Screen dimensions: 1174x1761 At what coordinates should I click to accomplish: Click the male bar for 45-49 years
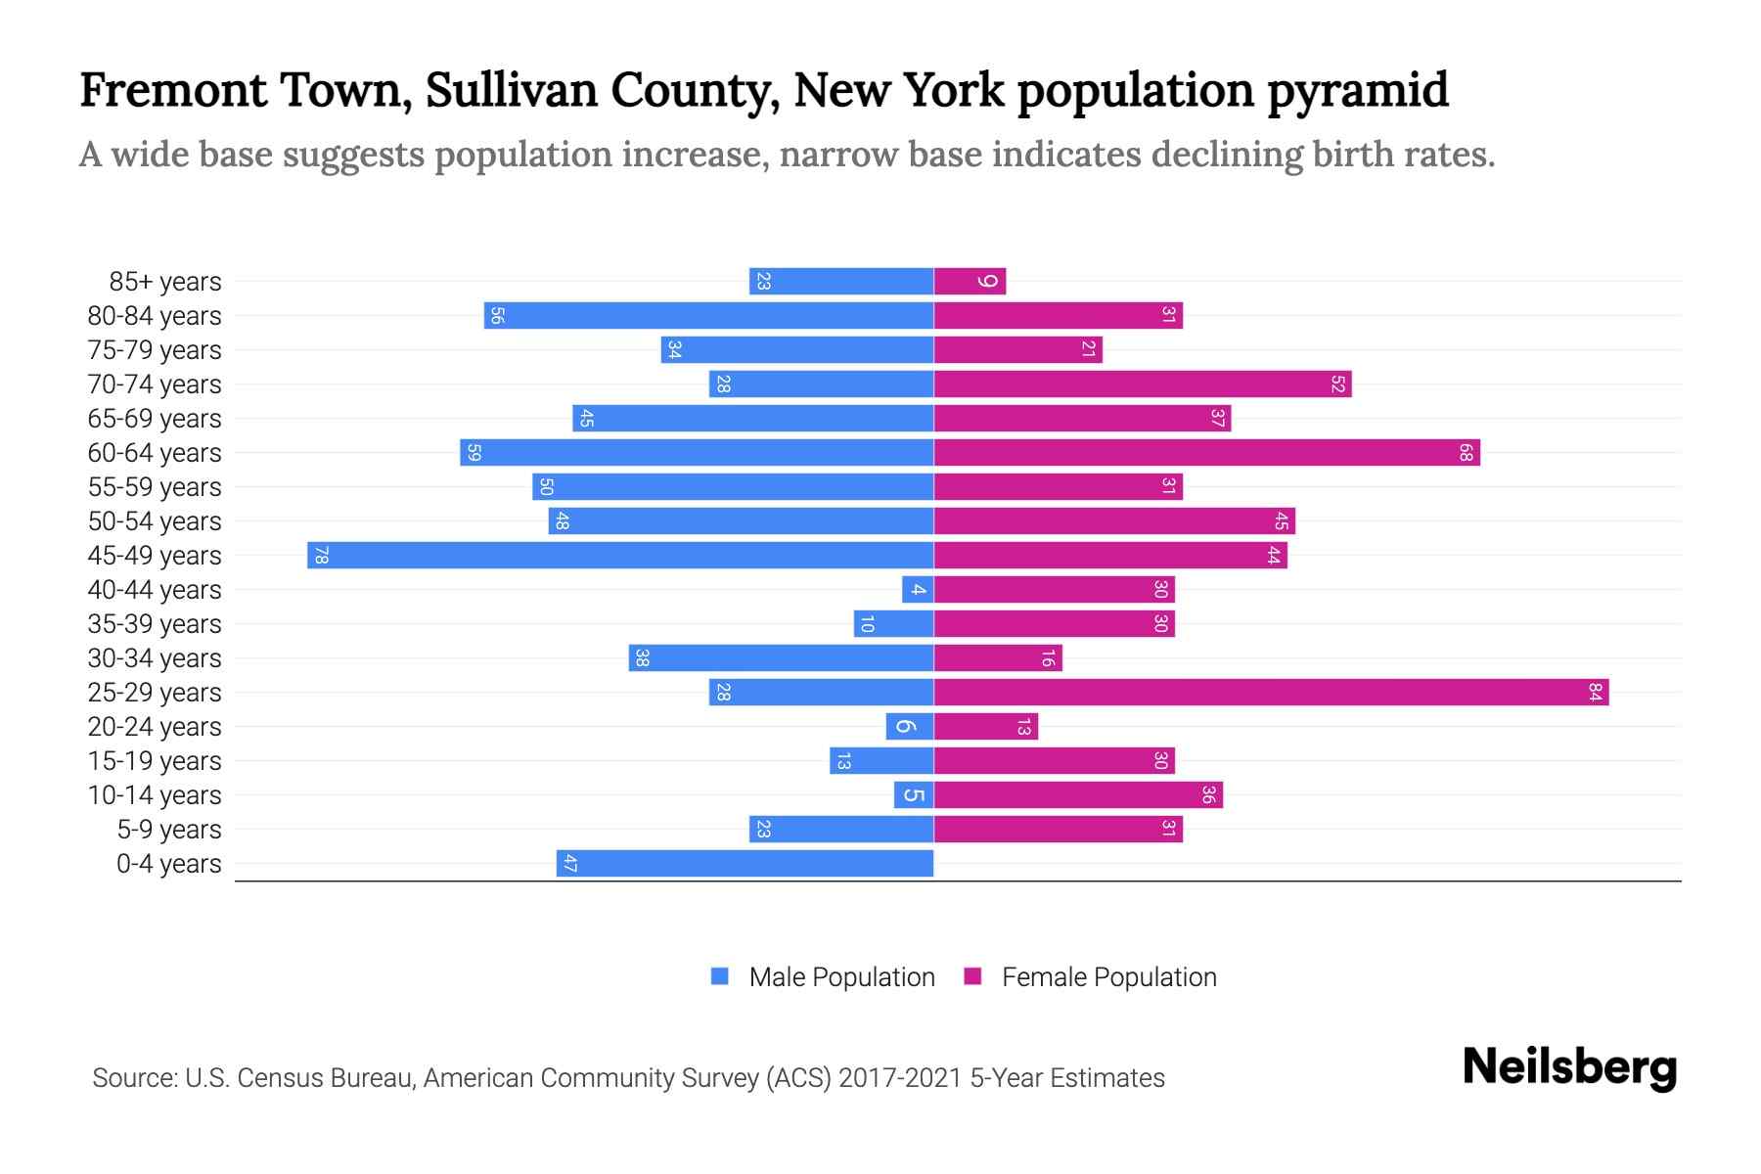(620, 556)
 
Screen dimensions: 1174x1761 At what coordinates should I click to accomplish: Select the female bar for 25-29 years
(1271, 693)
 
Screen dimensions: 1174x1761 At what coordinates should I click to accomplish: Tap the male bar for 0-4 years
(745, 864)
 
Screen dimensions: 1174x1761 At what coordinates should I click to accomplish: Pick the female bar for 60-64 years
(1206, 453)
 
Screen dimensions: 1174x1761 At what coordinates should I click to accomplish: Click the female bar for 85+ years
(970, 282)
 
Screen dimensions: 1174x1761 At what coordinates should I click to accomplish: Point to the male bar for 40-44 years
(918, 590)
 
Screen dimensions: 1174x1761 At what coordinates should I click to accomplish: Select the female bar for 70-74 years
(1142, 384)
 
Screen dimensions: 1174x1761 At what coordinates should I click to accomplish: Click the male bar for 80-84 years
(708, 316)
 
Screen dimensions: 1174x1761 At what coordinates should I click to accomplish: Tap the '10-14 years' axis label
(155, 795)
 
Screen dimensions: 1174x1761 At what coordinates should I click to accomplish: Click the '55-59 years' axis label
(155, 487)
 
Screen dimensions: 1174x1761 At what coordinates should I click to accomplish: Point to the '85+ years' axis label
(165, 282)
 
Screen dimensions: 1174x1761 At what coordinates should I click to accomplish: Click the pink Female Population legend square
(972, 976)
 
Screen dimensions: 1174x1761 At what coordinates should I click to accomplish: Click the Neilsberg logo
(1569, 1067)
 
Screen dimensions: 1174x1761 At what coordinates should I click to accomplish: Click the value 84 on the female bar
(1595, 693)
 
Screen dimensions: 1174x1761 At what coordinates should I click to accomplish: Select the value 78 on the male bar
(321, 556)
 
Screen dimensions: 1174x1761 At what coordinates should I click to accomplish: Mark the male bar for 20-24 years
(909, 727)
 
